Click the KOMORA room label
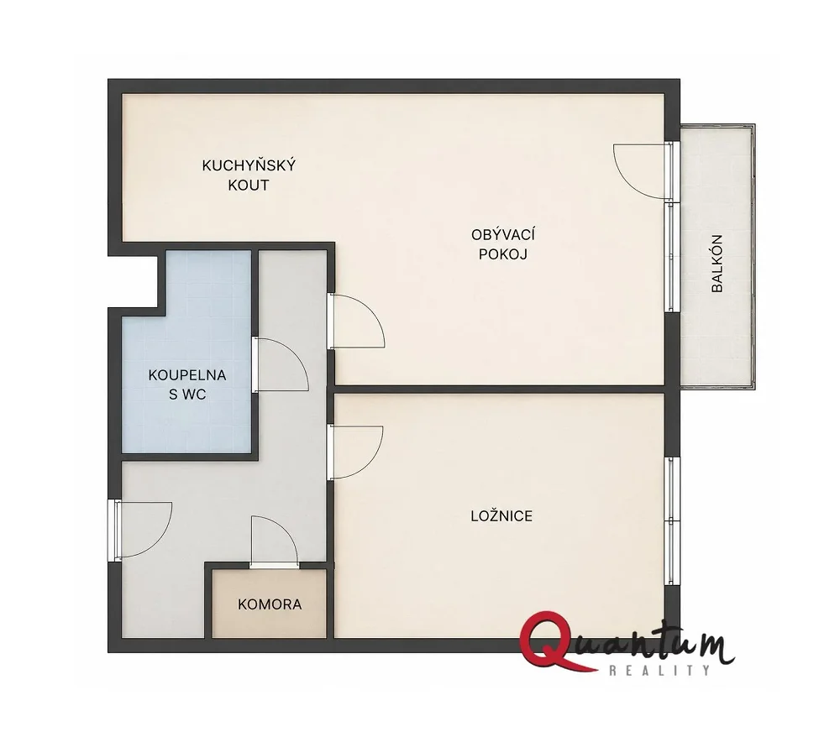pyautogui.click(x=270, y=604)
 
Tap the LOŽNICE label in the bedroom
pyautogui.click(x=501, y=516)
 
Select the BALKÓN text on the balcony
pyautogui.click(x=717, y=263)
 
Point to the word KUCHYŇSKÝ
pyautogui.click(x=249, y=165)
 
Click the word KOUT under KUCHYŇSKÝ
pyautogui.click(x=249, y=186)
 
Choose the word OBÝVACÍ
pyautogui.click(x=503, y=234)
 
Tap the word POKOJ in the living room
pyautogui.click(x=503, y=254)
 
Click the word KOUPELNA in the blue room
pyautogui.click(x=187, y=375)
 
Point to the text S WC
pyautogui.click(x=187, y=395)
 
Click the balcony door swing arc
pyautogui.click(x=623, y=178)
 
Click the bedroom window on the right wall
pyautogui.click(x=672, y=520)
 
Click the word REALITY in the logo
pyautogui.click(x=659, y=670)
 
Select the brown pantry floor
pyautogui.click(x=269, y=604)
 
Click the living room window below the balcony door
pyautogui.click(x=672, y=256)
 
